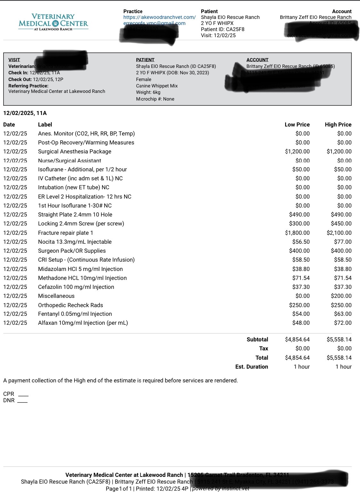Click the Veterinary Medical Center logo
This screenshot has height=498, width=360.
pos(53,22)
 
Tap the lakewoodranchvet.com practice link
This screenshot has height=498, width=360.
pos(159,17)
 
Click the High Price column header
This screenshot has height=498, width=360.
pos(338,125)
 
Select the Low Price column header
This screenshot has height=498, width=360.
pos(297,125)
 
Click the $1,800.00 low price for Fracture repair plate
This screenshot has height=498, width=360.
pos(297,233)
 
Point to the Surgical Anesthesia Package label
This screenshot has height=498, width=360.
pos(75,151)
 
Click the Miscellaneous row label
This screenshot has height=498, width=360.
pos(56,296)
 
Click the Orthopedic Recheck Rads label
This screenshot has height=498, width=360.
pos(70,305)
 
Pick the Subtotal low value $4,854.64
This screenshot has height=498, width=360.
pos(297,339)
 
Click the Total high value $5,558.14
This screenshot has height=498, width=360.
pos(339,358)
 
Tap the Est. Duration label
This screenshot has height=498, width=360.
pos(252,367)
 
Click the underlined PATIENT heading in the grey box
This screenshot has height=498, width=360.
pos(145,60)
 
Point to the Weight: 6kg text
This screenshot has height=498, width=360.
pos(148,92)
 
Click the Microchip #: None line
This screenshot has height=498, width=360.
pos(155,99)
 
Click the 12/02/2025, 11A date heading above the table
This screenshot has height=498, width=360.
pos(25,113)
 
